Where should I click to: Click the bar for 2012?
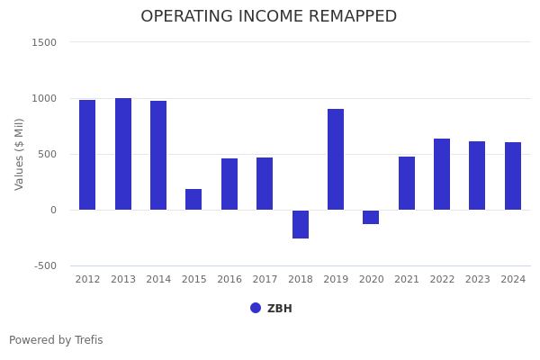pyautogui.click(x=87, y=155)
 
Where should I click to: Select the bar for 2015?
pyautogui.click(x=193, y=199)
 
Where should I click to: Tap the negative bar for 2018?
pyautogui.click(x=301, y=224)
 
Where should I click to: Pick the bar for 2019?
pyautogui.click(x=336, y=159)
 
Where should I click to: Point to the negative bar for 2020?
pyautogui.click(x=371, y=217)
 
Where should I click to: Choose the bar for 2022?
pyautogui.click(x=442, y=174)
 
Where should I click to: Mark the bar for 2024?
pyautogui.click(x=513, y=175)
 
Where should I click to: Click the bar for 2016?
pyautogui.click(x=229, y=184)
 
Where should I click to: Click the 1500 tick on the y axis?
pyautogui.click(x=44, y=42)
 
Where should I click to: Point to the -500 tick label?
pyautogui.click(x=46, y=265)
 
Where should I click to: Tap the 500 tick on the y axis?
pyautogui.click(x=47, y=154)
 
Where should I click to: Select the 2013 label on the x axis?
pyautogui.click(x=123, y=280)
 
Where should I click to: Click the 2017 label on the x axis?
pyautogui.click(x=265, y=280)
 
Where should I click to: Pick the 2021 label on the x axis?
pyautogui.click(x=407, y=280)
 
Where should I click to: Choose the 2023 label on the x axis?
pyautogui.click(x=477, y=280)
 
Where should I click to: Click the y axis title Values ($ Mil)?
pyautogui.click(x=20, y=154)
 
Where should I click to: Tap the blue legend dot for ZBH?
pyautogui.click(x=256, y=308)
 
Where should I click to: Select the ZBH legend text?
pyautogui.click(x=280, y=309)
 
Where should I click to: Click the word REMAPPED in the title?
pyautogui.click(x=346, y=17)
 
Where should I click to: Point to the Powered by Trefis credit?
pyautogui.click(x=56, y=340)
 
